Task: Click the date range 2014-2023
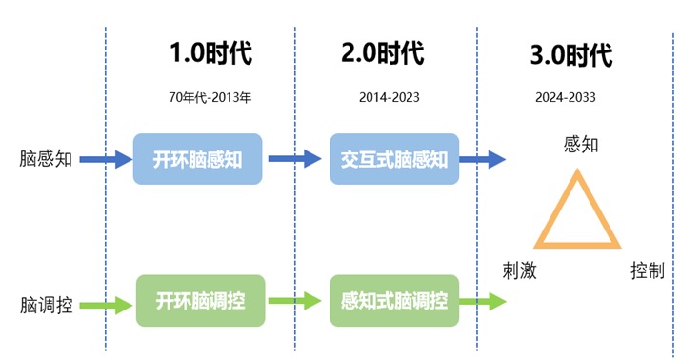(x=389, y=97)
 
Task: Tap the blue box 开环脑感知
(x=197, y=159)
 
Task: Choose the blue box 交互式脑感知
(x=393, y=159)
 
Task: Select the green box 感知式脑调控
(x=393, y=302)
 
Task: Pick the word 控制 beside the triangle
(x=647, y=270)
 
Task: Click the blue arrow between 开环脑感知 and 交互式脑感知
(x=295, y=159)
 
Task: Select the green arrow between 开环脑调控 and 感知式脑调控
(x=295, y=303)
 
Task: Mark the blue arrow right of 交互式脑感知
(x=485, y=159)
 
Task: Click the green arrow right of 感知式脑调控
(x=485, y=303)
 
